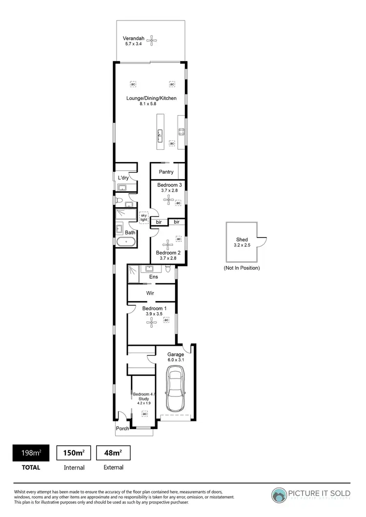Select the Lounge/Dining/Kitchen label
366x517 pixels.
point(151,98)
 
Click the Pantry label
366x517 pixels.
point(166,172)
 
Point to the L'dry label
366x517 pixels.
point(123,178)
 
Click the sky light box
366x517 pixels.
point(143,217)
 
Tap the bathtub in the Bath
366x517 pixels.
point(126,241)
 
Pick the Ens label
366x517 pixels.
point(154,277)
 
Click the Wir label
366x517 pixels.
point(151,293)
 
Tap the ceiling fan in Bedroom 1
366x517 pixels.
point(152,320)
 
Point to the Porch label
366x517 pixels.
point(122,429)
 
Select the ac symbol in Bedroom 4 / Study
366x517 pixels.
point(144,414)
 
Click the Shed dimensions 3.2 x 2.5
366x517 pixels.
point(242,245)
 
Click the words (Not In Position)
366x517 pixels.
point(242,268)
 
